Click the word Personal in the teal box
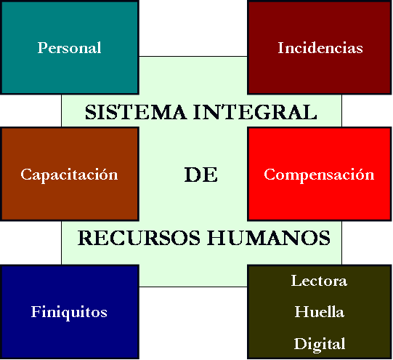(70, 47)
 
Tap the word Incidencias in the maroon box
(320, 47)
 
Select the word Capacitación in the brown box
(69, 175)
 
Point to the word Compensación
(319, 175)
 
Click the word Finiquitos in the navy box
(69, 313)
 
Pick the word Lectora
(319, 281)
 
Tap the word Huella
(320, 312)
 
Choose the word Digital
(320, 344)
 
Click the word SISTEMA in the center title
(136, 112)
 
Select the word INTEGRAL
(255, 112)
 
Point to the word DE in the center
(201, 175)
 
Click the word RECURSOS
(139, 238)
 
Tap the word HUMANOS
(269, 238)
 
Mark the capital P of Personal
(42, 47)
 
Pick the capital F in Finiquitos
(36, 311)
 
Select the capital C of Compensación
(270, 174)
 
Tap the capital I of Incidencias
(280, 47)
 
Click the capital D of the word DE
(193, 175)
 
